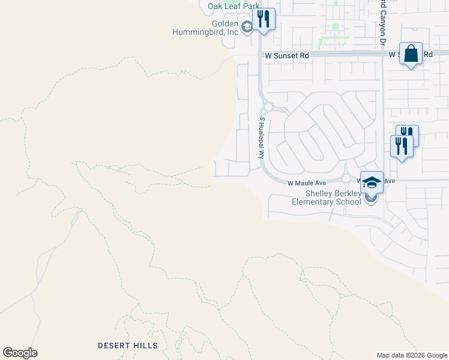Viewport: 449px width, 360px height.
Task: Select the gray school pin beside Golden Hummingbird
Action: [246, 27]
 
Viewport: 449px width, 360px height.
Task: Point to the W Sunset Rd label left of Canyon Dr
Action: [287, 55]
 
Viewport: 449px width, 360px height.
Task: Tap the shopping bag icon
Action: [411, 53]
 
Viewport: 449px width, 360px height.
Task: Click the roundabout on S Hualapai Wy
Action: [268, 107]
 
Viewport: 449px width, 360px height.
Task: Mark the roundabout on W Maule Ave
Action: [346, 178]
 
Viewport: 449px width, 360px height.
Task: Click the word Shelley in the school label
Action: [319, 193]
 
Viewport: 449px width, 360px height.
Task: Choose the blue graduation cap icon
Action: [372, 182]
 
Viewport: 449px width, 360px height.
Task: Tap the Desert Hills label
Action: [128, 346]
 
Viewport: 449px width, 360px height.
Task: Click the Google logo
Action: [20, 353]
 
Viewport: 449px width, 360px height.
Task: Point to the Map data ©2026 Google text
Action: [412, 355]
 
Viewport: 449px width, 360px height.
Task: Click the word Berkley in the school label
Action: [348, 193]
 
